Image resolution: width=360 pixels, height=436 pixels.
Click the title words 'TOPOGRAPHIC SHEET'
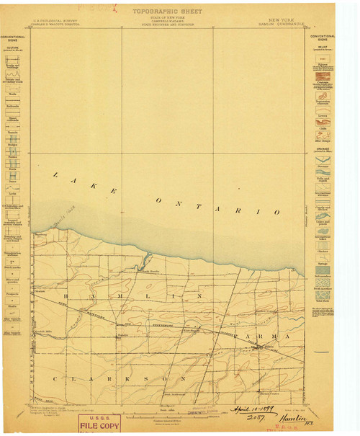(x=166, y=12)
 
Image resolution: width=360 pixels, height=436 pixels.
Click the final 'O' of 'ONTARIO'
(x=276, y=212)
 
